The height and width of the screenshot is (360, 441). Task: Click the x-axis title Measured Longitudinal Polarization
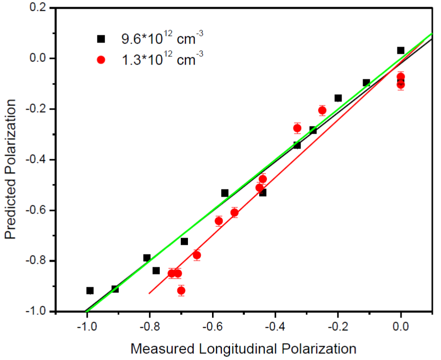(243, 349)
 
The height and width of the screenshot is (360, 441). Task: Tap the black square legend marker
(101, 39)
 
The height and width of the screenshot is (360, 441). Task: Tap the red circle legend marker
(101, 59)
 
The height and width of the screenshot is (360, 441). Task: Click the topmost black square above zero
(401, 50)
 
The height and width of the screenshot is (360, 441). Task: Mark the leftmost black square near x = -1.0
(90, 290)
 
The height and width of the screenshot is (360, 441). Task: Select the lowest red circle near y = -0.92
(181, 290)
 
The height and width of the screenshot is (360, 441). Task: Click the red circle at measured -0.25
(322, 110)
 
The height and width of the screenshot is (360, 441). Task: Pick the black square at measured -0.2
(338, 98)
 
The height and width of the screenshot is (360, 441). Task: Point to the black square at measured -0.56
(225, 193)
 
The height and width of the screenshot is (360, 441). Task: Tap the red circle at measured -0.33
(297, 128)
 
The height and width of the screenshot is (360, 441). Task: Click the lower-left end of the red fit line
(150, 293)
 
